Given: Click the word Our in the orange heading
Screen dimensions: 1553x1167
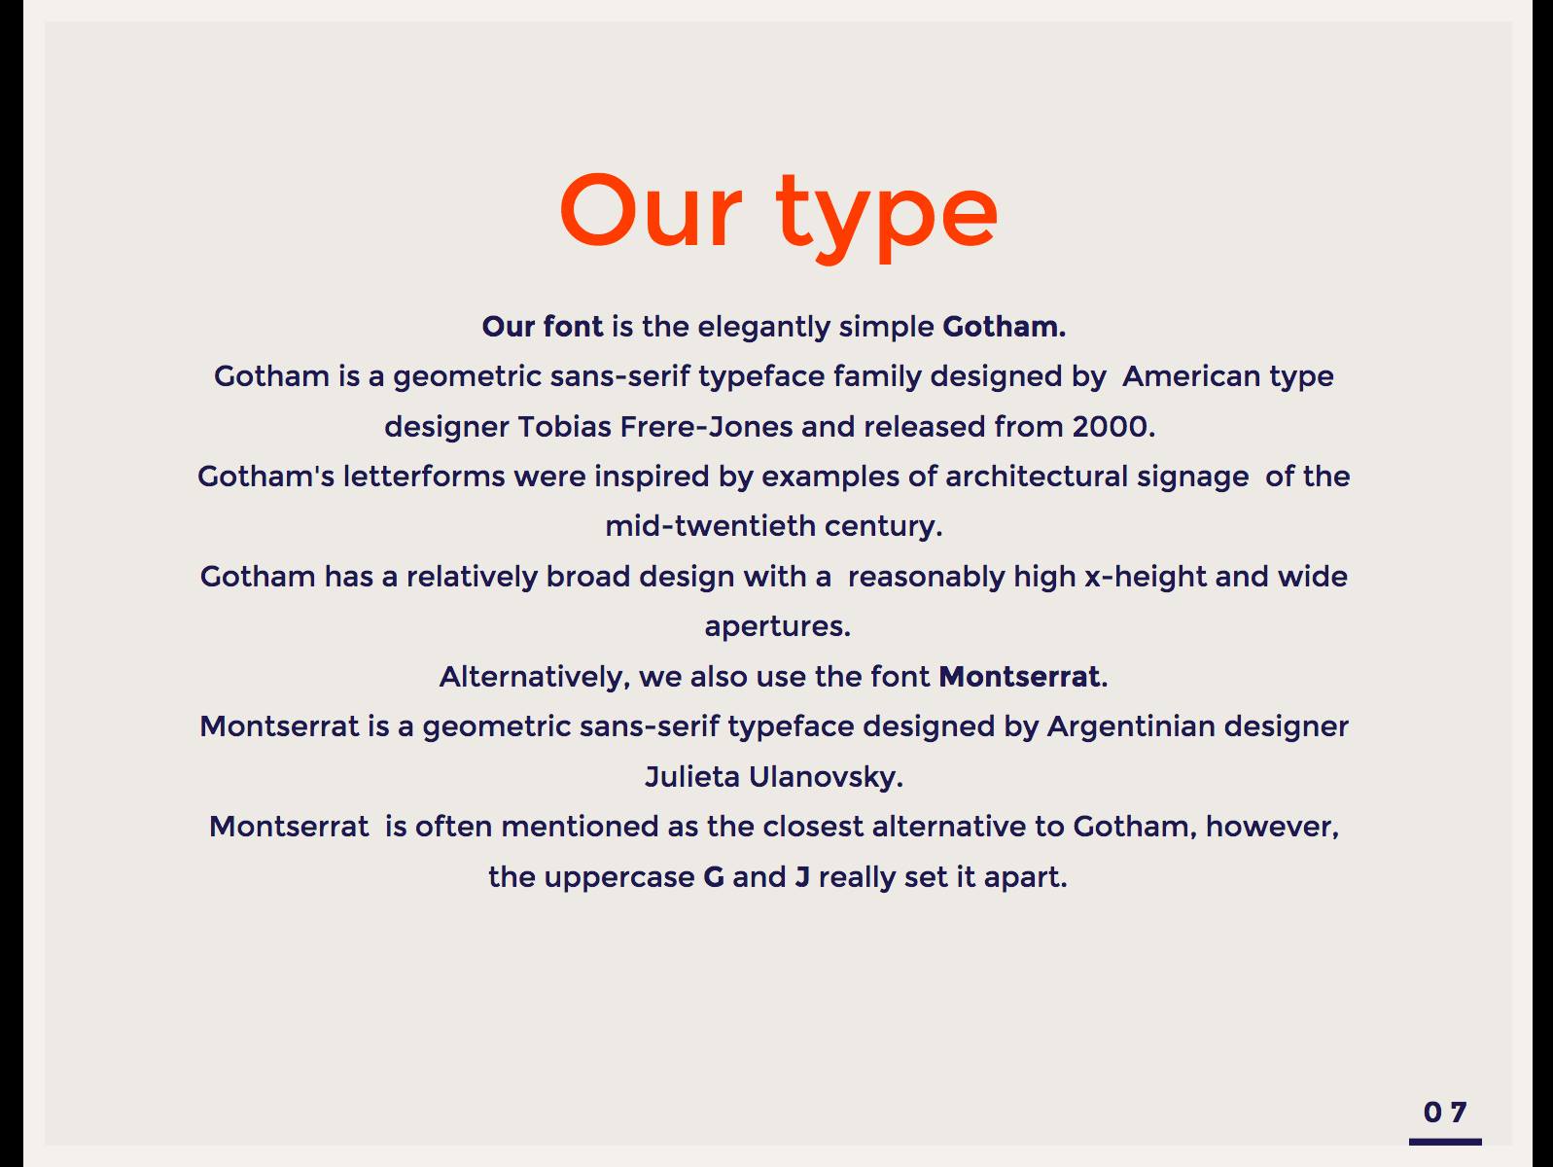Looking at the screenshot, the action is [x=651, y=211].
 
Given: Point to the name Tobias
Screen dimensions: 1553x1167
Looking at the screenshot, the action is [x=565, y=427].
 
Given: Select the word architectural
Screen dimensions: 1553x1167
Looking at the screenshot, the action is [x=1037, y=476].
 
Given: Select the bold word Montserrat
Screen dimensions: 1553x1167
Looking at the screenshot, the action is [x=1019, y=677].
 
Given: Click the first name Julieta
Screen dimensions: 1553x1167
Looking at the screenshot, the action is [x=692, y=777].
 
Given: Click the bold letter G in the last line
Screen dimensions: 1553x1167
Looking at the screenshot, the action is [x=714, y=877].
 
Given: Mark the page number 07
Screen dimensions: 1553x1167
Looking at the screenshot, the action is [x=1444, y=1113].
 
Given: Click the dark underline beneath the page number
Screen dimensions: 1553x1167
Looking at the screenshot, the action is [x=1445, y=1142].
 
